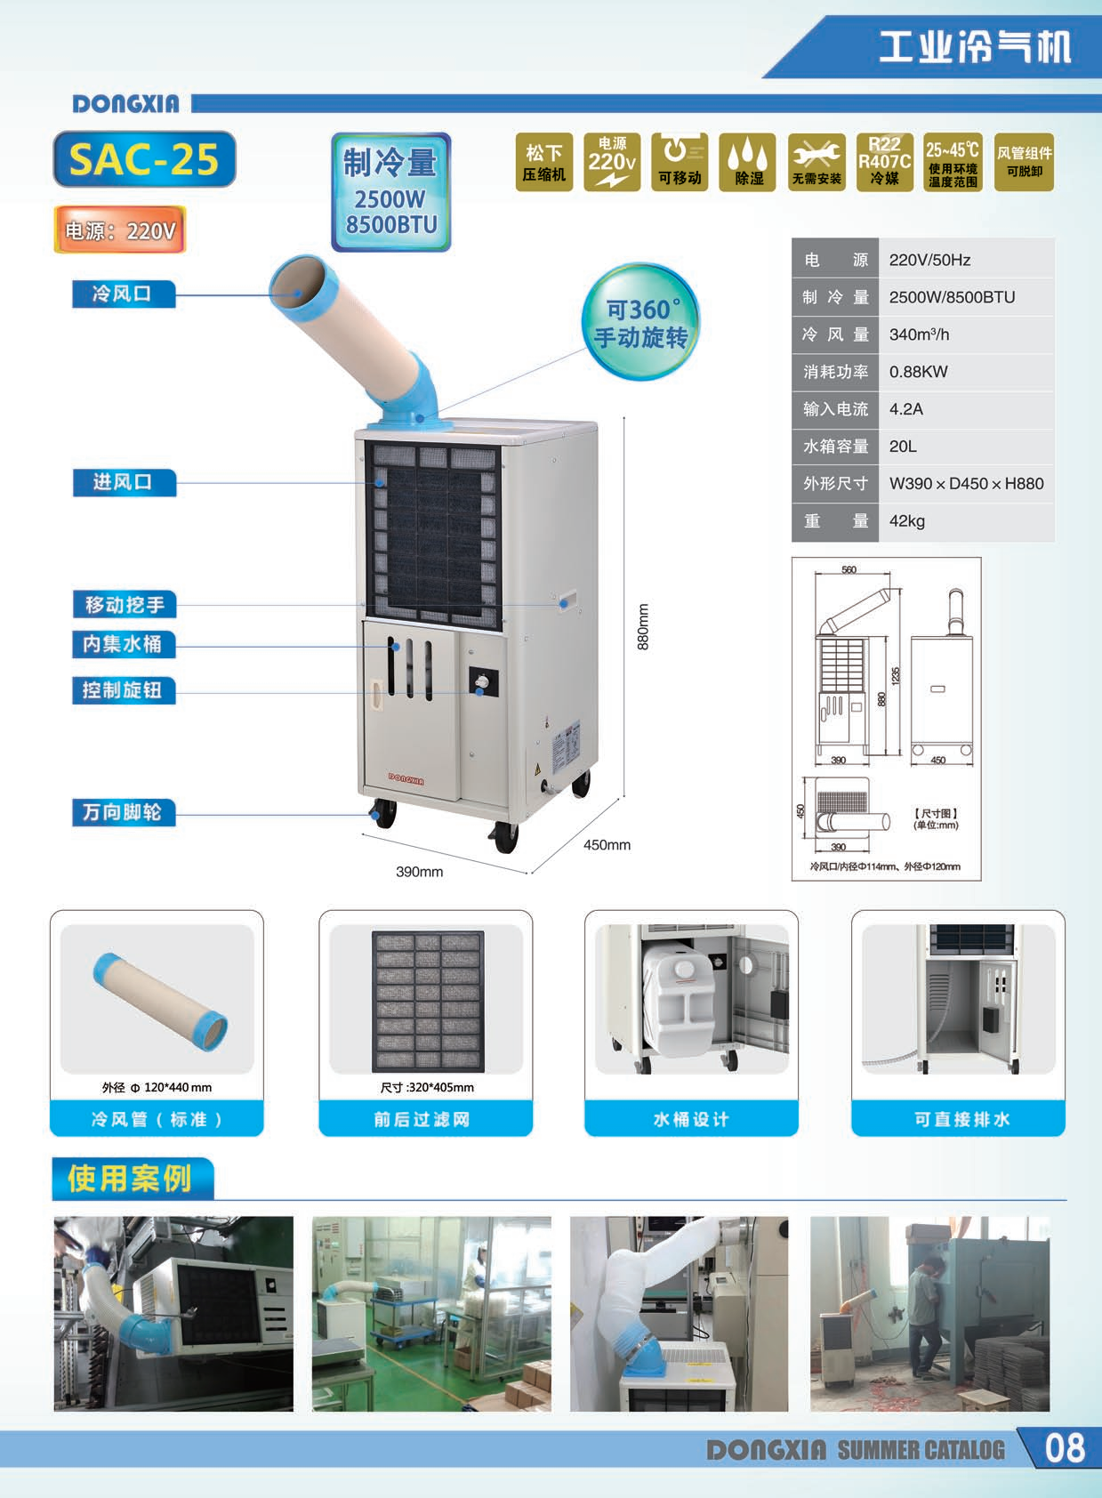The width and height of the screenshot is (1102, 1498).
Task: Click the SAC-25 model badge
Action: coord(144,159)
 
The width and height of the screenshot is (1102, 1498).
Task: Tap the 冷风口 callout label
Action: coord(123,294)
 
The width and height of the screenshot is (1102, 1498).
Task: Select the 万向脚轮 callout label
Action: coord(123,812)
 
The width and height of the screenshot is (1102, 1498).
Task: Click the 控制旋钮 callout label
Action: coord(123,690)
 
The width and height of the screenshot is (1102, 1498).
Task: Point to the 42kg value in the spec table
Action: coord(907,521)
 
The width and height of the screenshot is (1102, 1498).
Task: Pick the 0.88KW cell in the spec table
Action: coord(919,372)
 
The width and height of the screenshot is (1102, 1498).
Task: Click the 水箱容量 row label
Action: coord(835,447)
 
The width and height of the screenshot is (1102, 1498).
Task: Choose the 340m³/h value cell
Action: coord(920,334)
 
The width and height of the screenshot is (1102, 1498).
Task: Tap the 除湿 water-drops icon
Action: coord(748,162)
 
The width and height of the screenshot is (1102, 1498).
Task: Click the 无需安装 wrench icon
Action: coord(816,162)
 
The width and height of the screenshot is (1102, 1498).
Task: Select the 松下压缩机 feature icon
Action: coord(543,162)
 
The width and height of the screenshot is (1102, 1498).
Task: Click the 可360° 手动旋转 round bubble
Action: coord(640,322)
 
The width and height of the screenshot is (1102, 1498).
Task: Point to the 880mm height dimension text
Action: coord(644,626)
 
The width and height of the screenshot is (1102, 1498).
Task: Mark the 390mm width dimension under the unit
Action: coord(419,872)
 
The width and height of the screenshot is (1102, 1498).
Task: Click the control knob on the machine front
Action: coord(482,682)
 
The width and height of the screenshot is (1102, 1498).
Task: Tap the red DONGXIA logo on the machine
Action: coord(406,780)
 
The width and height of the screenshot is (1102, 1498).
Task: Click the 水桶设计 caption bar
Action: coord(691,1119)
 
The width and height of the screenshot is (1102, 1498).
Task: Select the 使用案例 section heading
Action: coord(131,1179)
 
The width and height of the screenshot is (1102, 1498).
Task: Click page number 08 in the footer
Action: coord(1064,1448)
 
